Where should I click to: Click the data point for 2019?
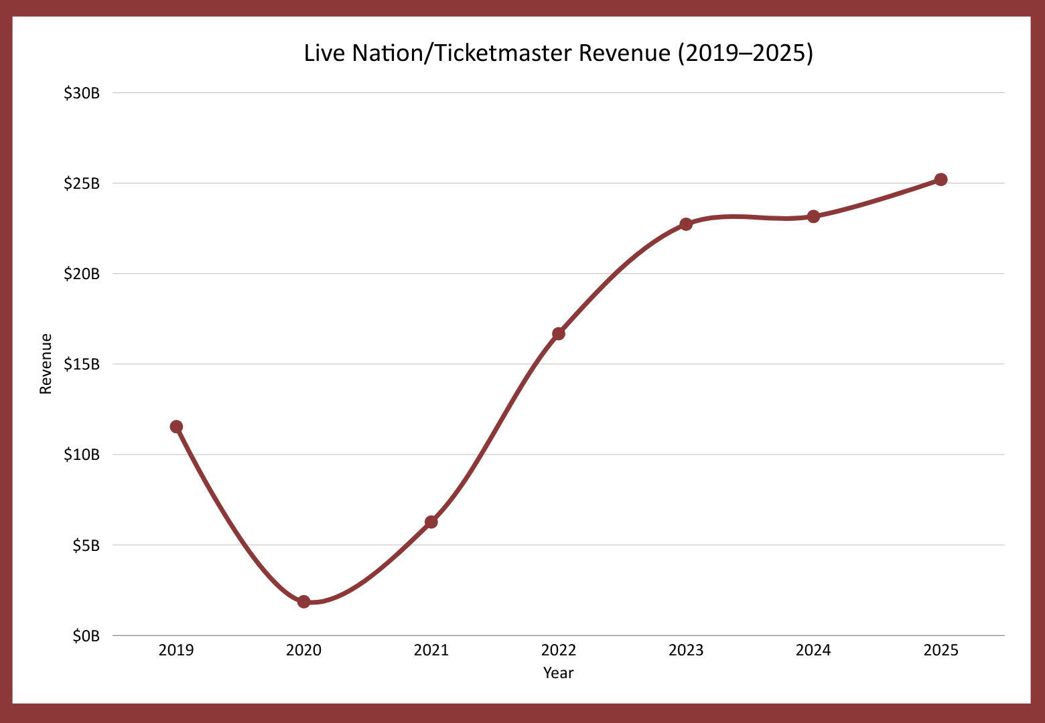(x=176, y=426)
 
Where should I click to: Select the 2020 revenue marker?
(x=303, y=602)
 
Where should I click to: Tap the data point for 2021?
(x=431, y=521)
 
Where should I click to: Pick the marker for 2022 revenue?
(x=559, y=333)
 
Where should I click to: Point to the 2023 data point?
(x=686, y=224)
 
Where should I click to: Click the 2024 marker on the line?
(x=813, y=216)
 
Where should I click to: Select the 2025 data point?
(x=940, y=179)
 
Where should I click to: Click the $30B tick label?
(x=82, y=93)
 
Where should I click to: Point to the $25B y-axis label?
(x=82, y=183)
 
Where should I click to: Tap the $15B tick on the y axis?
(x=82, y=364)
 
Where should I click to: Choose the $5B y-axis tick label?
(x=86, y=546)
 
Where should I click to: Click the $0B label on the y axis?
(x=86, y=636)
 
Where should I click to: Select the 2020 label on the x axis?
(x=303, y=650)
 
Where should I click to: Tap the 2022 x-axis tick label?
(x=559, y=650)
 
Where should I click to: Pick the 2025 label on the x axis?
(x=940, y=650)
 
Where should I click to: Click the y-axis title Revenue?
(x=46, y=364)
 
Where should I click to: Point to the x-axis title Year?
(x=558, y=673)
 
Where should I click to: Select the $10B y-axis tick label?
(x=82, y=455)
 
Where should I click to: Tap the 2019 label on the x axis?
(x=176, y=650)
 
